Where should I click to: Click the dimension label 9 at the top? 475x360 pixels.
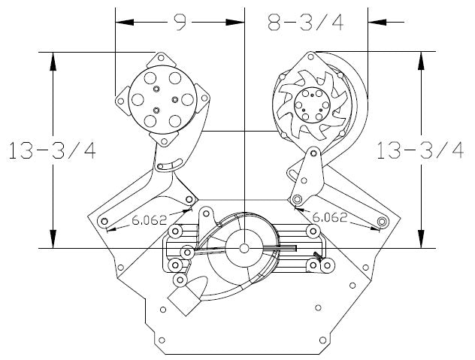(x=179, y=22)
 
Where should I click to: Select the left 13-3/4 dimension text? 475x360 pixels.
(x=52, y=150)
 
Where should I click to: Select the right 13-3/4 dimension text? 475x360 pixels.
(x=420, y=150)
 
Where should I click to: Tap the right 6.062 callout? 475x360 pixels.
(x=328, y=219)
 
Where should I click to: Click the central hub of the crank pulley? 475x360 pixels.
(x=245, y=247)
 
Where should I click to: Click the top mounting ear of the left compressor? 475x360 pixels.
(x=161, y=57)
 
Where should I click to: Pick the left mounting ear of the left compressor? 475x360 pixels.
(x=119, y=99)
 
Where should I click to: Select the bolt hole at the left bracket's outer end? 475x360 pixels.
(x=104, y=221)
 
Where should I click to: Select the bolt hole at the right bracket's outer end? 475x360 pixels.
(x=383, y=222)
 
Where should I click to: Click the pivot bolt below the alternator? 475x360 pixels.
(x=298, y=198)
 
